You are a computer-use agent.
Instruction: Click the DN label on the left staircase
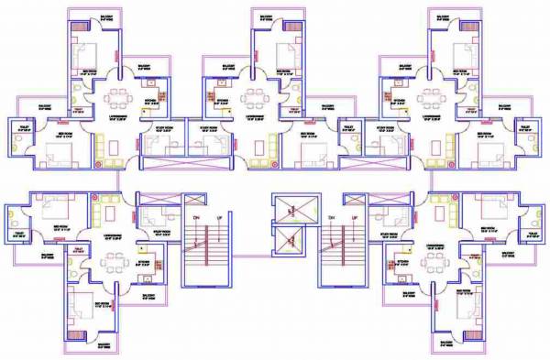click(x=195, y=216)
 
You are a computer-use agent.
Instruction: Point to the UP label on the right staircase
click(x=355, y=216)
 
